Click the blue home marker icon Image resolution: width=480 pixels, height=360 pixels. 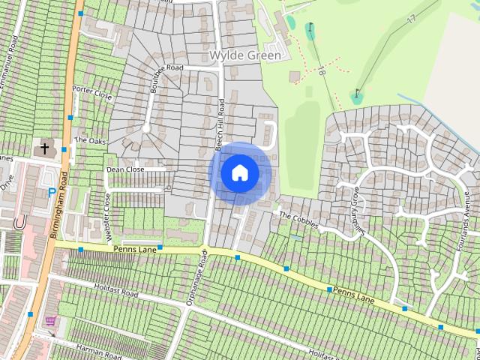point(239,173)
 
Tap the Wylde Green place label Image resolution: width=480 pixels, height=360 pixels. point(245,55)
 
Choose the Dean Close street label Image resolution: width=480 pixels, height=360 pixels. point(124,170)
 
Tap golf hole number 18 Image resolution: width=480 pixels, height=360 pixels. point(321,72)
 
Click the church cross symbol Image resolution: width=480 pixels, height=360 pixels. point(44,148)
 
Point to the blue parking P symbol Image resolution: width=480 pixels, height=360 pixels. point(51,192)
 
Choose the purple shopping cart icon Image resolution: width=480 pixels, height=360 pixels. point(51,321)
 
